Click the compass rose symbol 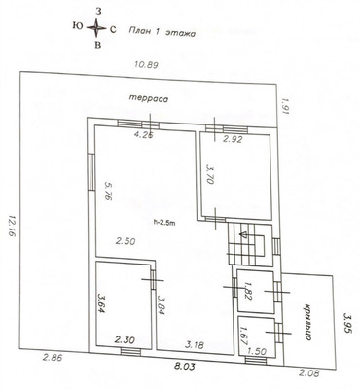pos(96,28)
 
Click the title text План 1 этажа pos(162,32)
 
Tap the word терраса pos(149,98)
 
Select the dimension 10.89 pos(146,65)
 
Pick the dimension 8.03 pos(184,367)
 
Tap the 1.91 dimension pos(285,107)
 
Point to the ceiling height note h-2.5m pos(164,222)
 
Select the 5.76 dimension pos(108,191)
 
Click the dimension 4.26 pos(143,134)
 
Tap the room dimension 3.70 pos(210,174)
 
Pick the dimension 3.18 pos(195,345)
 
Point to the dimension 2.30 pos(125,340)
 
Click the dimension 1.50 pos(257,351)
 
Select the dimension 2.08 pos(309,372)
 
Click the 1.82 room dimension pos(248,291)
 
